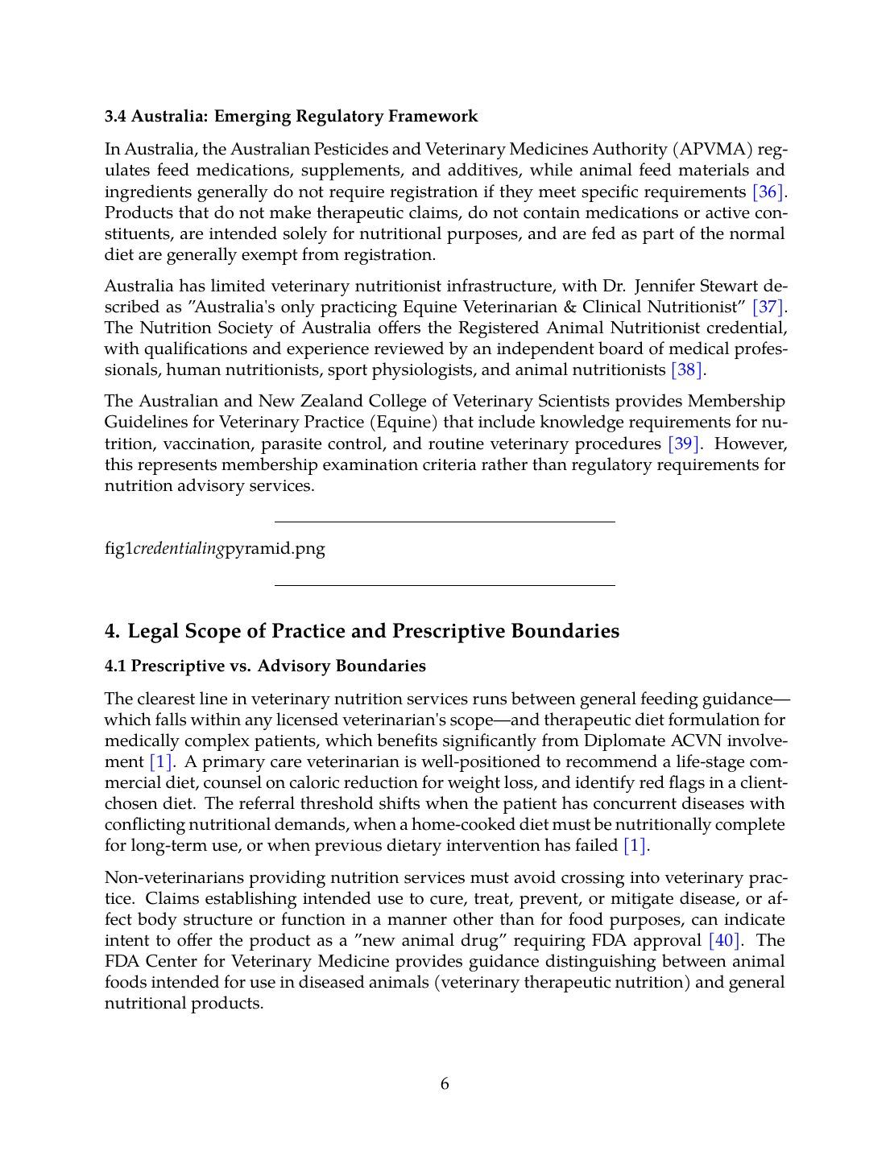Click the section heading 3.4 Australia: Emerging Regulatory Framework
[x=291, y=116]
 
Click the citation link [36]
[x=767, y=192]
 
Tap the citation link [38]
[x=687, y=369]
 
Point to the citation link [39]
[x=685, y=443]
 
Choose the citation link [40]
[x=723, y=940]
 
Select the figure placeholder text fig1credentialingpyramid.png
[x=215, y=548]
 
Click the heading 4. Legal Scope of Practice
[x=362, y=630]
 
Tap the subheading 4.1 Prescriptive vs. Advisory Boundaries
[x=265, y=666]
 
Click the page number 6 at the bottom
[x=445, y=1083]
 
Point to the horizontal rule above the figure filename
[x=445, y=522]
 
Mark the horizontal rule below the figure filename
[x=445, y=585]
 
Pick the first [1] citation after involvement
[x=160, y=761]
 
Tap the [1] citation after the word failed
[x=635, y=845]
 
